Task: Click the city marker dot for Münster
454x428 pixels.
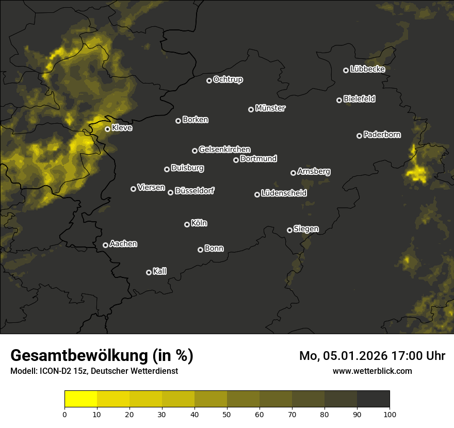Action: click(251, 109)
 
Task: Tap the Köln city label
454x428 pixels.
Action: click(199, 223)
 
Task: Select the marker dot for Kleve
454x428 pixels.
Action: click(108, 129)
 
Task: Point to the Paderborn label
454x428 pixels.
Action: click(382, 135)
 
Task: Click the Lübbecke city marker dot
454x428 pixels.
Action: click(346, 70)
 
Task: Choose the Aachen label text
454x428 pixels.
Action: click(123, 244)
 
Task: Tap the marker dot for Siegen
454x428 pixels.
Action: click(289, 230)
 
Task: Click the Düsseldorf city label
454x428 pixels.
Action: click(194, 191)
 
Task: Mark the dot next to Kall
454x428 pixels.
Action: click(149, 272)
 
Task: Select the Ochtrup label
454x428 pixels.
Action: click(228, 79)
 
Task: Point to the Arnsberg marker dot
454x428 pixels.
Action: click(293, 173)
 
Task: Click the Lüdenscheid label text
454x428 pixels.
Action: click(284, 193)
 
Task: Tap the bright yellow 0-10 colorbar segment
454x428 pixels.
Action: click(81, 399)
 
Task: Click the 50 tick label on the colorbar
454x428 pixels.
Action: click(227, 414)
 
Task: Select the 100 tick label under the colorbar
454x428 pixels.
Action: click(390, 414)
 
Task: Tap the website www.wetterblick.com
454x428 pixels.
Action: click(372, 371)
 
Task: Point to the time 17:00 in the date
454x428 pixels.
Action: click(399, 356)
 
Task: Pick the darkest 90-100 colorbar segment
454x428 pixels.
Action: click(373, 399)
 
